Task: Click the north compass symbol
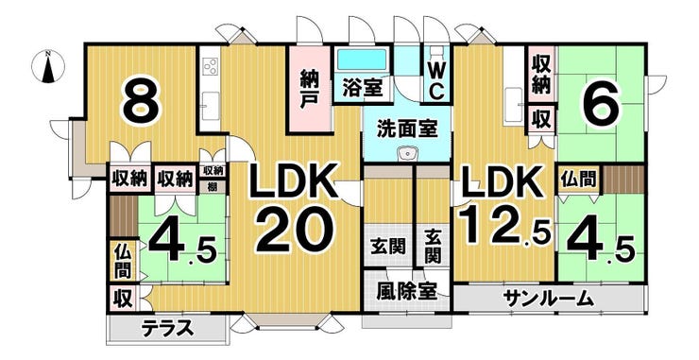pos(47,67)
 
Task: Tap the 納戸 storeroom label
pos(309,89)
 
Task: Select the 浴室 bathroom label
pos(363,88)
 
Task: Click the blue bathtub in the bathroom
pos(362,60)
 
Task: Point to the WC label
pos(436,81)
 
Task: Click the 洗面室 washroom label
pos(407,129)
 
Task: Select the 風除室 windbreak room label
pos(405,292)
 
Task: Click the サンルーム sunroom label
pos(549,299)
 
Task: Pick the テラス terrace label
pos(167,329)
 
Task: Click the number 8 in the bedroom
pos(142,104)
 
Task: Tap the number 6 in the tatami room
pos(600,104)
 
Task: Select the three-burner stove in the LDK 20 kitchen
pos(211,67)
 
